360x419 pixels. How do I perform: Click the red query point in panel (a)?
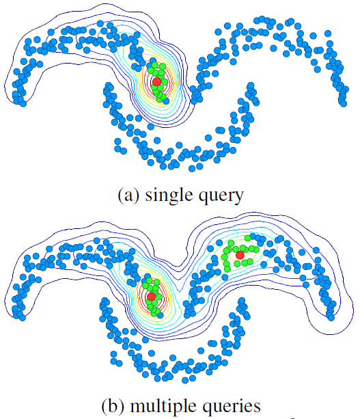156,81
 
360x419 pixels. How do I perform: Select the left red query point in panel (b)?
152,297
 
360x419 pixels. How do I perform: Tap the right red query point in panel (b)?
240,255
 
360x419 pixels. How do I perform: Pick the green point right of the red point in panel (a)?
165,82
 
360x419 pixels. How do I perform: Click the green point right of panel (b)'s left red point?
159,297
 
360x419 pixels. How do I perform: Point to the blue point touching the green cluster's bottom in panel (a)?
166,101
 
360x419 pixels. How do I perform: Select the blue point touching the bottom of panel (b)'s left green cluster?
160,315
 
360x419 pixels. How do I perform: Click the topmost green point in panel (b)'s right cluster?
248,238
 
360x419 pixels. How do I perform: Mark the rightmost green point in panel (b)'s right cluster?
256,249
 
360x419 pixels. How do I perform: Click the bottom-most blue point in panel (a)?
192,169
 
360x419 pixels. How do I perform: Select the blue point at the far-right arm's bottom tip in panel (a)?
344,104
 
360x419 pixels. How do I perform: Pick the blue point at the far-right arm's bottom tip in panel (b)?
331,318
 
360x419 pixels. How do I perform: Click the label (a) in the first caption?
128,195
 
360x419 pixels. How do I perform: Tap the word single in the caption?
169,195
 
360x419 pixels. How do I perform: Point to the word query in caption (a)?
221,197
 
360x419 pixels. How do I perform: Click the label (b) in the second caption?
113,405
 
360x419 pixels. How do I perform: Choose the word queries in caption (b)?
232,407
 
